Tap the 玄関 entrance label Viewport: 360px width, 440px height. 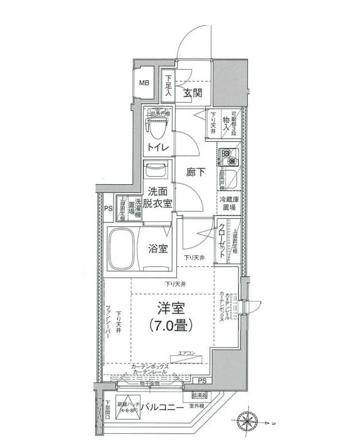[193, 93]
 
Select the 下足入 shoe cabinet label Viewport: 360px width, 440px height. [169, 86]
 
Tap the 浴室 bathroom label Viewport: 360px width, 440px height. [157, 249]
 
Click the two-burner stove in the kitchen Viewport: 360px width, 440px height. [227, 154]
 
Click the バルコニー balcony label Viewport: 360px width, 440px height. [161, 407]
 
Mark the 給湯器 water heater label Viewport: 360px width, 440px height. [194, 395]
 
